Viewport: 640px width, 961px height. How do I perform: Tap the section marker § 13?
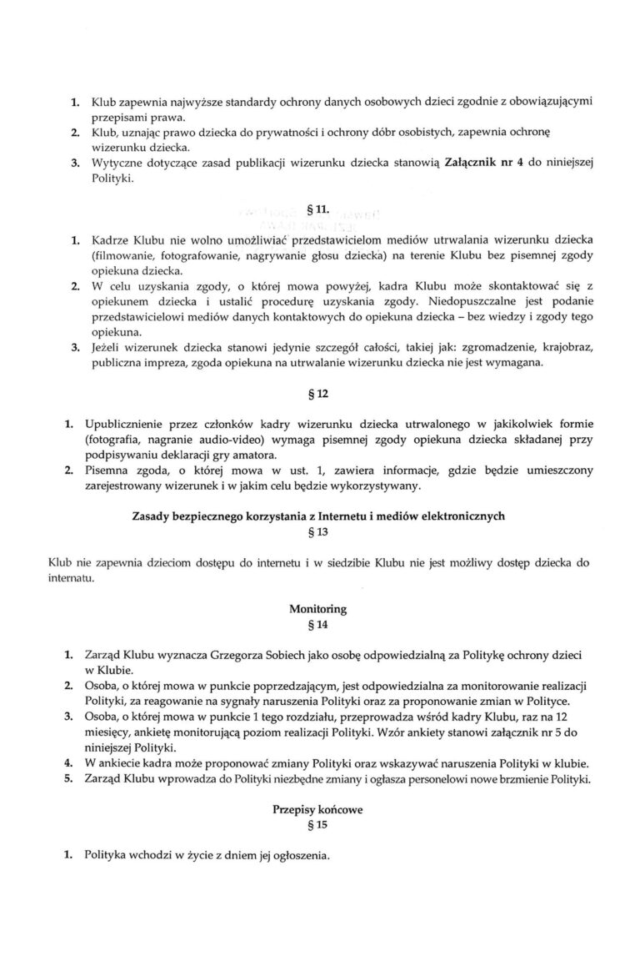click(x=320, y=533)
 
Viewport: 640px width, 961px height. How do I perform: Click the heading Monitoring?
click(x=319, y=609)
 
